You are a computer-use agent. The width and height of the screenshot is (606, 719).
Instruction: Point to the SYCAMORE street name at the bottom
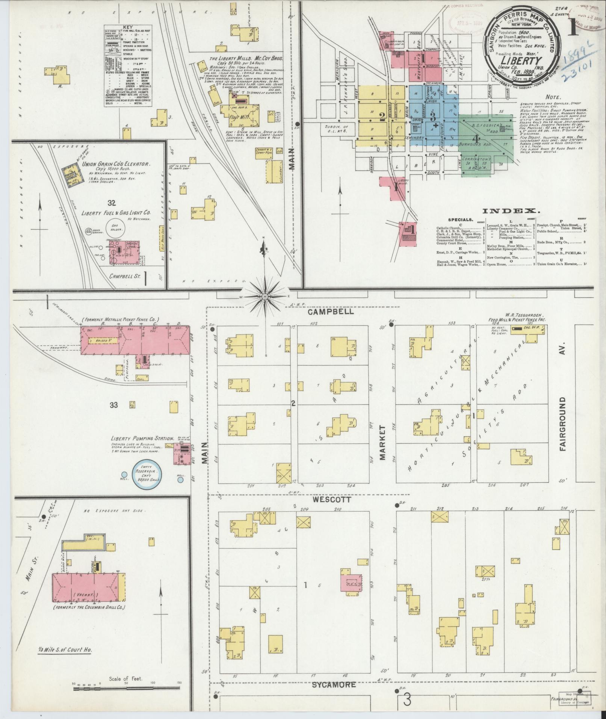pos(334,685)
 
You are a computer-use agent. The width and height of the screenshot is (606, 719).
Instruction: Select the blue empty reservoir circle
pos(147,475)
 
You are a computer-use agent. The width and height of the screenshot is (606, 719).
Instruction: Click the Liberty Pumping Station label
pos(142,439)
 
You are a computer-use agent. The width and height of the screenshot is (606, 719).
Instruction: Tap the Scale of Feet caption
pos(128,679)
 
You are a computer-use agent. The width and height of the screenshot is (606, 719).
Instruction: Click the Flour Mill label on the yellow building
pos(235,117)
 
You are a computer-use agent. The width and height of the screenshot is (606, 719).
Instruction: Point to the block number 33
pos(114,405)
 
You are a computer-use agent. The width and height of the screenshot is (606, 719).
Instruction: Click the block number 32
pos(111,203)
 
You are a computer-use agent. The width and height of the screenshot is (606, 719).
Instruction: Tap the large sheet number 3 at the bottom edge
pos(407,701)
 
